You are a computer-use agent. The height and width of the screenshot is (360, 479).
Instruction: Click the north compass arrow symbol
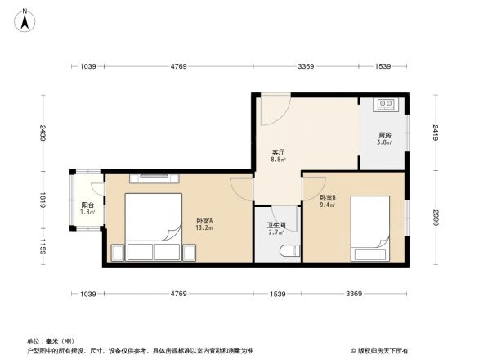(25, 16)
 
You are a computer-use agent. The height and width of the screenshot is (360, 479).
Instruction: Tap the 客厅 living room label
(279, 152)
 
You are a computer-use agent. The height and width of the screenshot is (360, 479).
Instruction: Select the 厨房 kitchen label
(384, 135)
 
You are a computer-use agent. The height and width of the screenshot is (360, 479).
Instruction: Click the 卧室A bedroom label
(204, 220)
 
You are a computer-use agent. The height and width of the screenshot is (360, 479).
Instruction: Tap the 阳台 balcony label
(87, 205)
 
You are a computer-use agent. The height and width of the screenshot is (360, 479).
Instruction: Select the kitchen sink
(384, 104)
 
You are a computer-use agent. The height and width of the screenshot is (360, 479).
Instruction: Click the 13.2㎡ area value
(204, 228)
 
